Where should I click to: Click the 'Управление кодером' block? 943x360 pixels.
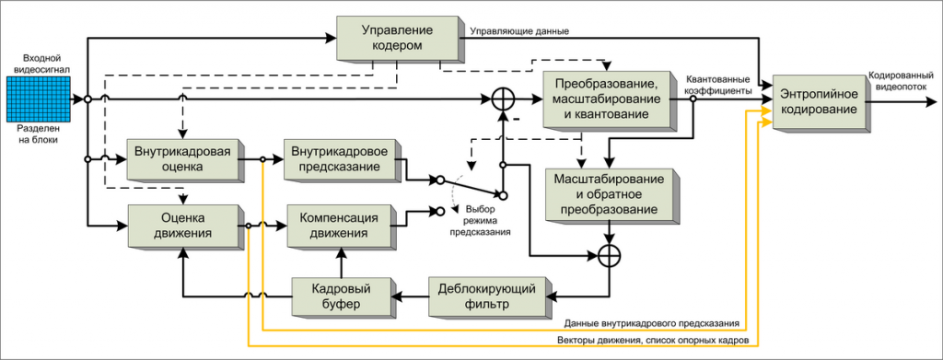point(398,38)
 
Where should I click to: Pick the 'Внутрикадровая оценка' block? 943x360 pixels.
point(181,158)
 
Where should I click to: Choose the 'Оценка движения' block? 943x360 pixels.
point(181,226)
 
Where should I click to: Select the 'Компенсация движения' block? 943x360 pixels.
point(341,226)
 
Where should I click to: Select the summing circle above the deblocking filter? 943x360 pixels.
point(607,256)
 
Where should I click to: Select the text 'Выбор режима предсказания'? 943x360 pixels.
point(479,221)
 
